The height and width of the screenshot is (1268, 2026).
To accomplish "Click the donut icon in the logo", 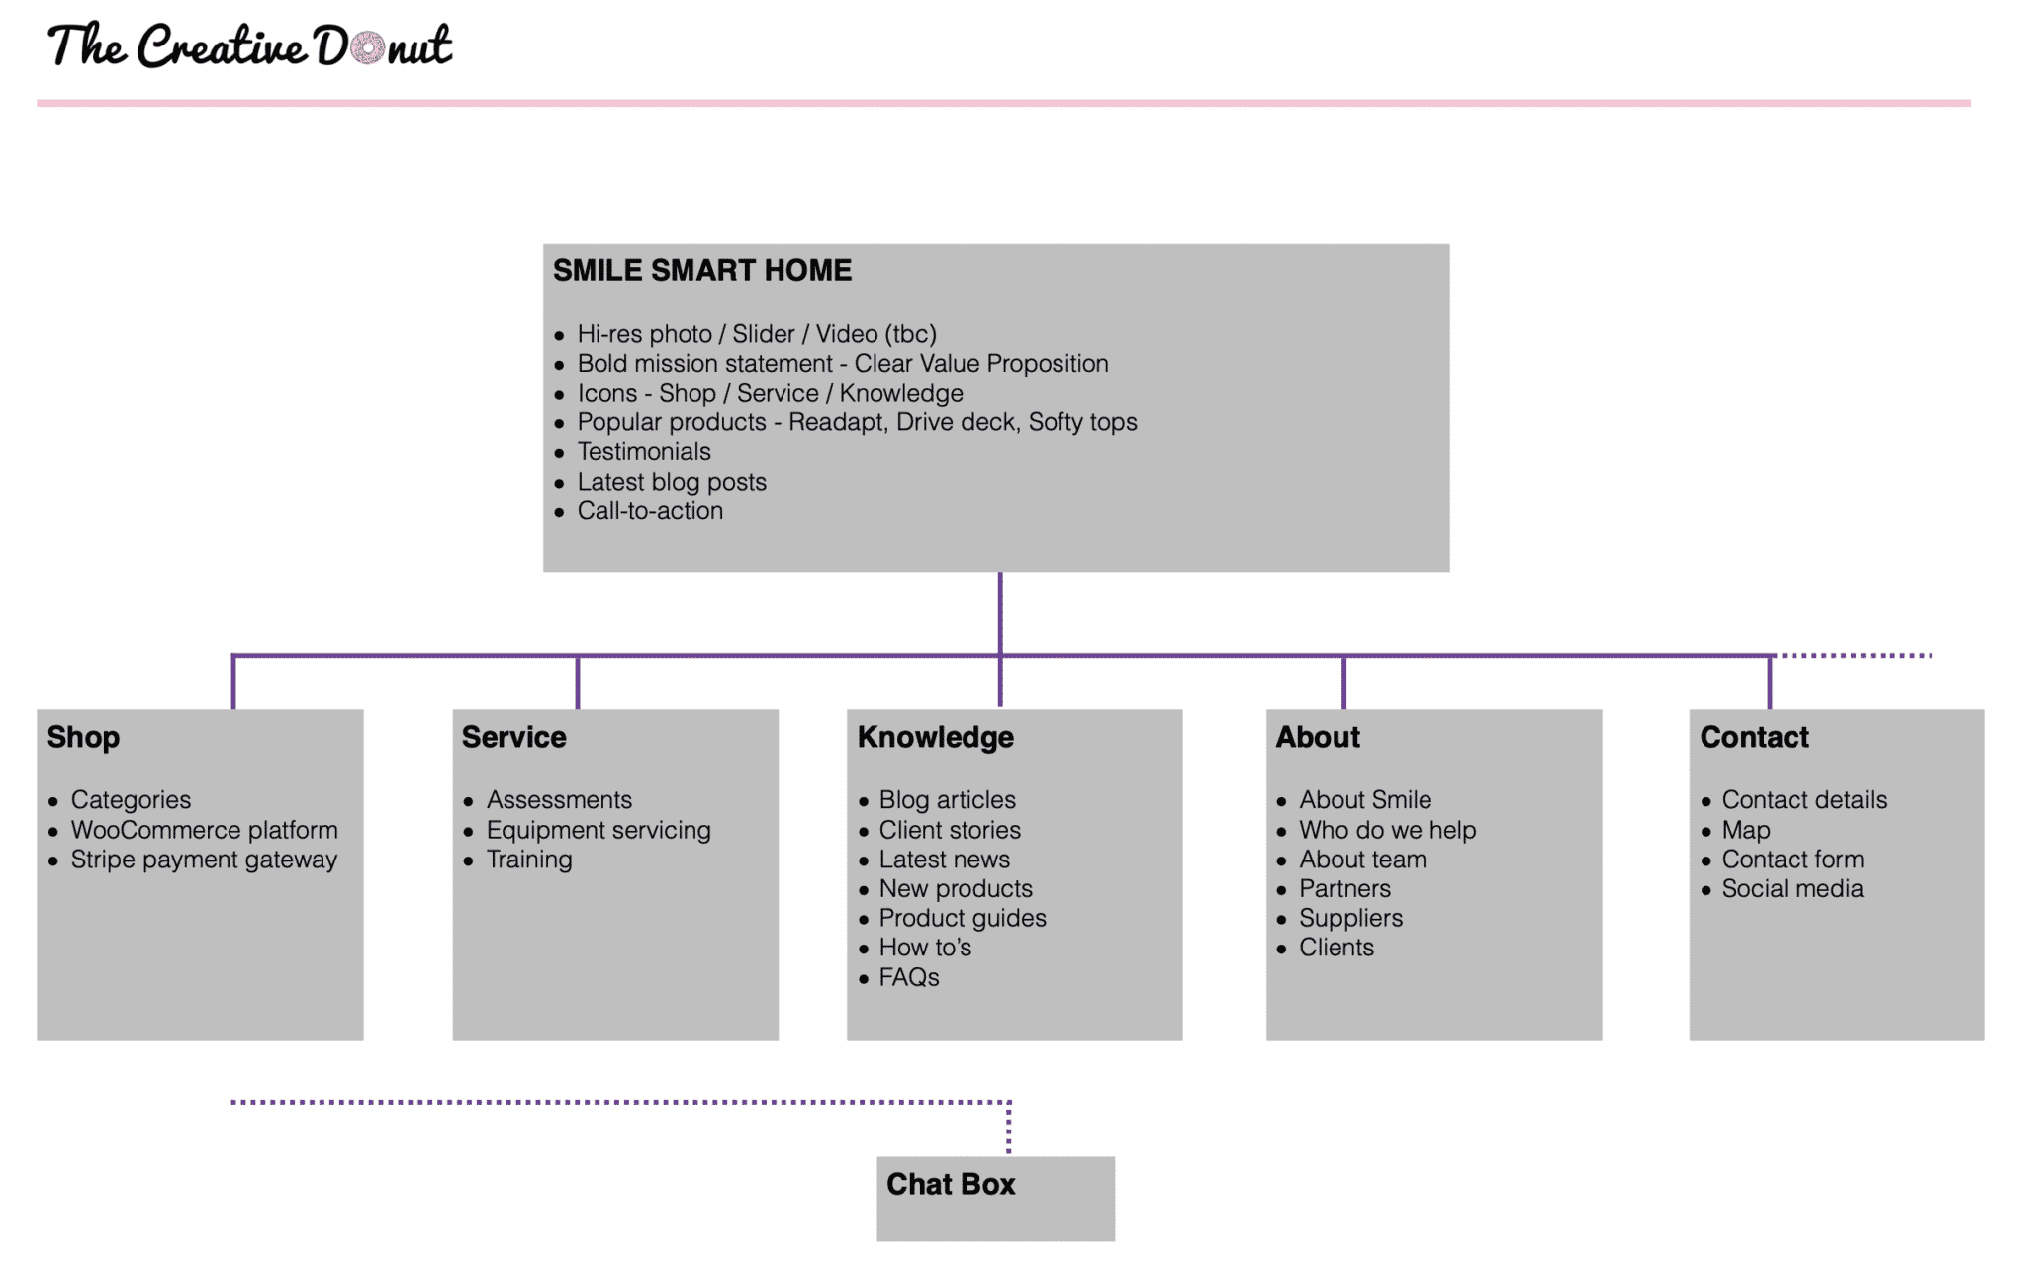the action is [368, 46].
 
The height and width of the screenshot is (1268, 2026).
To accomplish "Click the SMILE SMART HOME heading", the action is [702, 270].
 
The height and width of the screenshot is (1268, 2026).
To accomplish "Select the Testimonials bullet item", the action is [644, 452].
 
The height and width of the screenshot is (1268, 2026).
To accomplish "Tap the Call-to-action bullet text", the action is [650, 511].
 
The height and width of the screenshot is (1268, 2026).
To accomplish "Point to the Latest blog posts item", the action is [672, 482].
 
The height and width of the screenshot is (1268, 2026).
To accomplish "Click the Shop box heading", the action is [84, 737].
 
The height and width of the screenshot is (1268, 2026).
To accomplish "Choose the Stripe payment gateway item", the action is [204, 860].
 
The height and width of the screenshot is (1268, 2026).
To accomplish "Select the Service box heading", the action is [514, 737].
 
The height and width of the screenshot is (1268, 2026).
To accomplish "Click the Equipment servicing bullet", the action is [599, 830].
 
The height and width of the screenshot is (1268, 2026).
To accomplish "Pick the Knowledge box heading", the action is [936, 737].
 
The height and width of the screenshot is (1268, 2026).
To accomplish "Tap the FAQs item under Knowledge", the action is [909, 977].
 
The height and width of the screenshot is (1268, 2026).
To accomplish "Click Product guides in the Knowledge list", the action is [963, 918].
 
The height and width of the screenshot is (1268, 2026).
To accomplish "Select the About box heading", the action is [1318, 737].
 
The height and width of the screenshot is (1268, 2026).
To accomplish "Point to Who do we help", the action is [1387, 830].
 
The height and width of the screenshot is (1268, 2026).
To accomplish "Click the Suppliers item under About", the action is [1350, 918].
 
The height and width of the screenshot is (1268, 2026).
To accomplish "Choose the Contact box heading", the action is [1754, 737].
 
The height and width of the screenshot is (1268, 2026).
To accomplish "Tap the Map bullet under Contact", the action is [1746, 830].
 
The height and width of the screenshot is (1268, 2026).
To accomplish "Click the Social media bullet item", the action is [1793, 888].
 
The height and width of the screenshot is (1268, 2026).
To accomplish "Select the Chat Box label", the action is [951, 1184].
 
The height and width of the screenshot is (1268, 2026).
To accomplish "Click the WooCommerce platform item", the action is [204, 830].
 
